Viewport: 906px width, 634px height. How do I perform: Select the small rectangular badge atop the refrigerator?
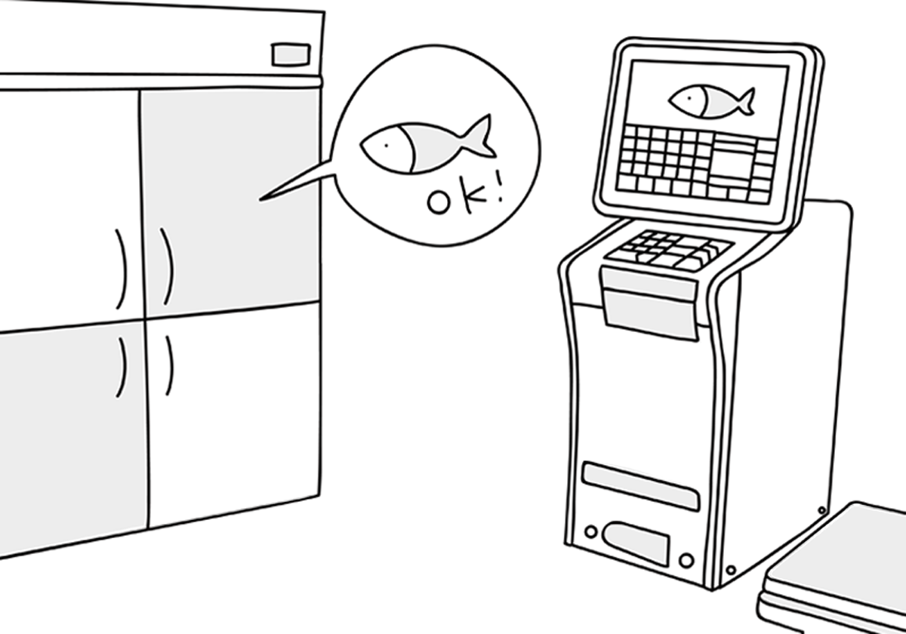pos(290,54)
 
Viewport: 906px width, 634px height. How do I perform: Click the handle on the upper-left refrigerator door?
pos(120,268)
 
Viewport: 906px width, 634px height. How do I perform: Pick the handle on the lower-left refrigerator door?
pos(121,368)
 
